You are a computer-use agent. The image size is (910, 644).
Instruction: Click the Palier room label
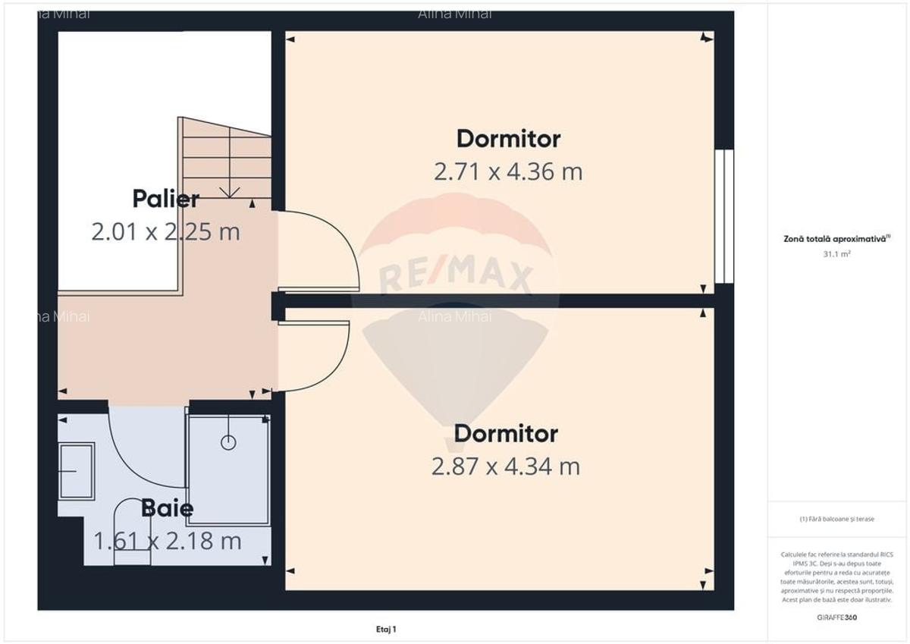pyautogui.click(x=166, y=199)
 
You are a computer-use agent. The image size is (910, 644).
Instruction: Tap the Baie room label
pyautogui.click(x=167, y=508)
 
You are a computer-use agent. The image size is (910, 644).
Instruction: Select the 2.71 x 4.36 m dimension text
pyautogui.click(x=508, y=171)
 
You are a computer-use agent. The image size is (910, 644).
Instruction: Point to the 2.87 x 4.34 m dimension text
pyautogui.click(x=506, y=466)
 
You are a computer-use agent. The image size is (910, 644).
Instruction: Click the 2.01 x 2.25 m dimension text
pyautogui.click(x=165, y=231)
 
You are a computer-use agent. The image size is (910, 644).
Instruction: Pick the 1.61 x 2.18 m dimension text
pyautogui.click(x=168, y=541)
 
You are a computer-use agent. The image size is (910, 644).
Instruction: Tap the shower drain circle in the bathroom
pyautogui.click(x=228, y=441)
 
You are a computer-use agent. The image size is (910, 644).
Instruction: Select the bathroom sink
pyautogui.click(x=76, y=471)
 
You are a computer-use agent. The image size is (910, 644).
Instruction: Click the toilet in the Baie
pyautogui.click(x=132, y=535)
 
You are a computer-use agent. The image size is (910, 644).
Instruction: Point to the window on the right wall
pyautogui.click(x=724, y=216)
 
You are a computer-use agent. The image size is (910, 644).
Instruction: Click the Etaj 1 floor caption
pyautogui.click(x=386, y=629)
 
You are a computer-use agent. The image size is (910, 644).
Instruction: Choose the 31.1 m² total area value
pyautogui.click(x=837, y=254)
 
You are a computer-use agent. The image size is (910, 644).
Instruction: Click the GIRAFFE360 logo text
pyautogui.click(x=837, y=617)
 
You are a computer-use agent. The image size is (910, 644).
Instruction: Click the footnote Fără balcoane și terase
pyautogui.click(x=836, y=519)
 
